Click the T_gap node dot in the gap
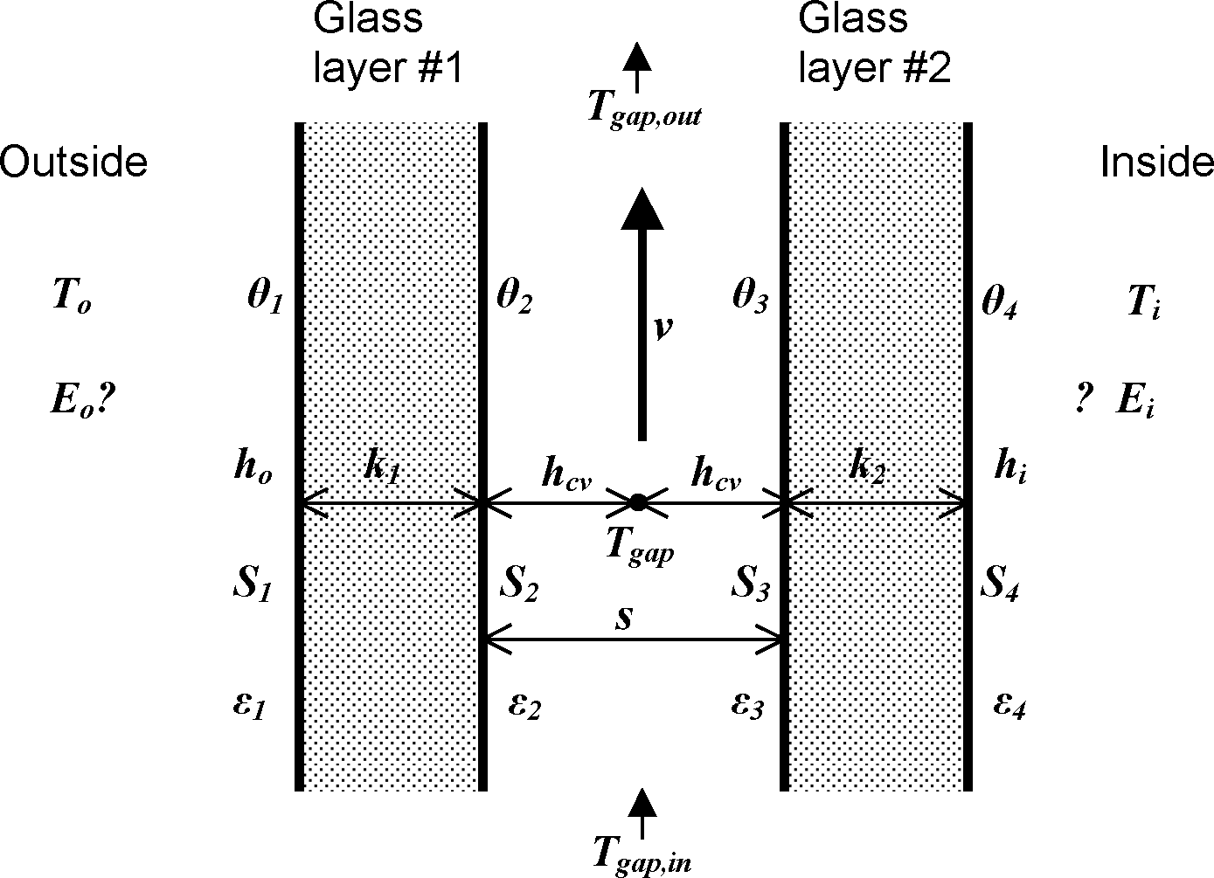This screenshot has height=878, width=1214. coord(638,501)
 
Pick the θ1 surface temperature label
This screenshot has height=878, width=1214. coord(265,299)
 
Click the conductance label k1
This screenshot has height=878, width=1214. coord(382,469)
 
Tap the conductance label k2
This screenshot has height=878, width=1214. coord(866,469)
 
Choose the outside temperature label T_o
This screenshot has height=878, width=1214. coord(72,299)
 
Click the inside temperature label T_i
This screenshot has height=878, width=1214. coord(1144,302)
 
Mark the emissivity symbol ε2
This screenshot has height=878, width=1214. coord(524,704)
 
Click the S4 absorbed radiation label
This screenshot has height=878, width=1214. coord(1001,584)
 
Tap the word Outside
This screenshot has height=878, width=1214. coord(73,162)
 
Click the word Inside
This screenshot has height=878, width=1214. coord(1155,162)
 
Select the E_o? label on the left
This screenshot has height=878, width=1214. coord(84,400)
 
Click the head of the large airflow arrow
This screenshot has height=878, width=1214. coord(642,210)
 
